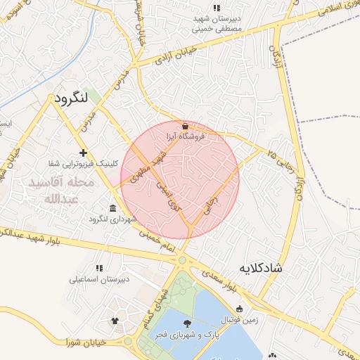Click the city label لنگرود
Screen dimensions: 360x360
pyautogui.click(x=73, y=98)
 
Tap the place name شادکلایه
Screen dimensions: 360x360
pyautogui.click(x=261, y=268)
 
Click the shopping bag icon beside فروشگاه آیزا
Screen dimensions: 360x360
pyautogui.click(x=185, y=126)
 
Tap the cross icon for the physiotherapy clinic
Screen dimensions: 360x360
pyautogui.click(x=83, y=153)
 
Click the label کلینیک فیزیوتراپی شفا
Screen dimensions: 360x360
pyautogui.click(x=79, y=164)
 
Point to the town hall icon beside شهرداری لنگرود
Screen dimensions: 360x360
pyautogui.click(x=113, y=207)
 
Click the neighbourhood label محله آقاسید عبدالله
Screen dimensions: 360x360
pyautogui.click(x=59, y=190)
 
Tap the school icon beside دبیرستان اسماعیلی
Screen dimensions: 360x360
pyautogui.click(x=99, y=267)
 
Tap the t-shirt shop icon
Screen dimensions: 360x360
pyautogui.click(x=115, y=321)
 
